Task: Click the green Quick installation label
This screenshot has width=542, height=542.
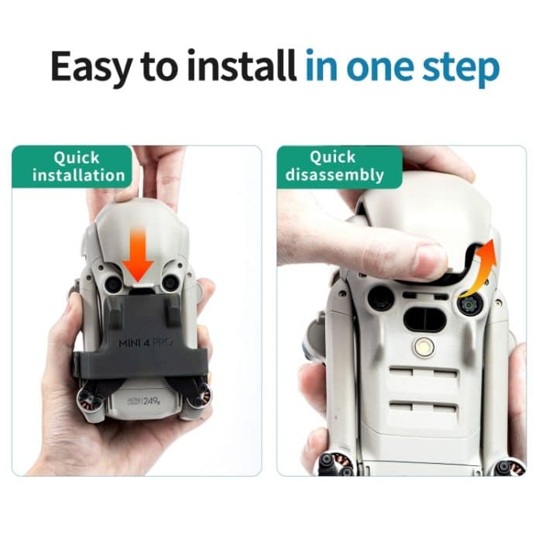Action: click(x=77, y=166)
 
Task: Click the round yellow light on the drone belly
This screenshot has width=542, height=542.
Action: click(x=423, y=346)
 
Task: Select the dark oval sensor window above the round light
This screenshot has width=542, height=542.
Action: click(x=424, y=317)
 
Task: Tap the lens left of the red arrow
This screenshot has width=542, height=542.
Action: click(x=113, y=285)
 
